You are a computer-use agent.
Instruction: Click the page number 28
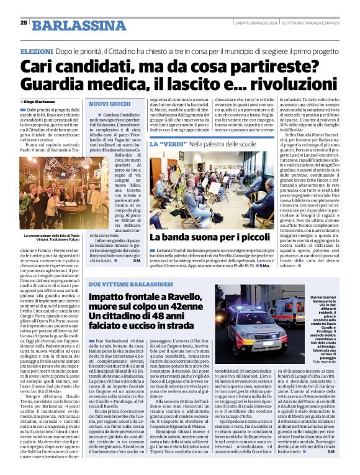[x=23, y=22]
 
